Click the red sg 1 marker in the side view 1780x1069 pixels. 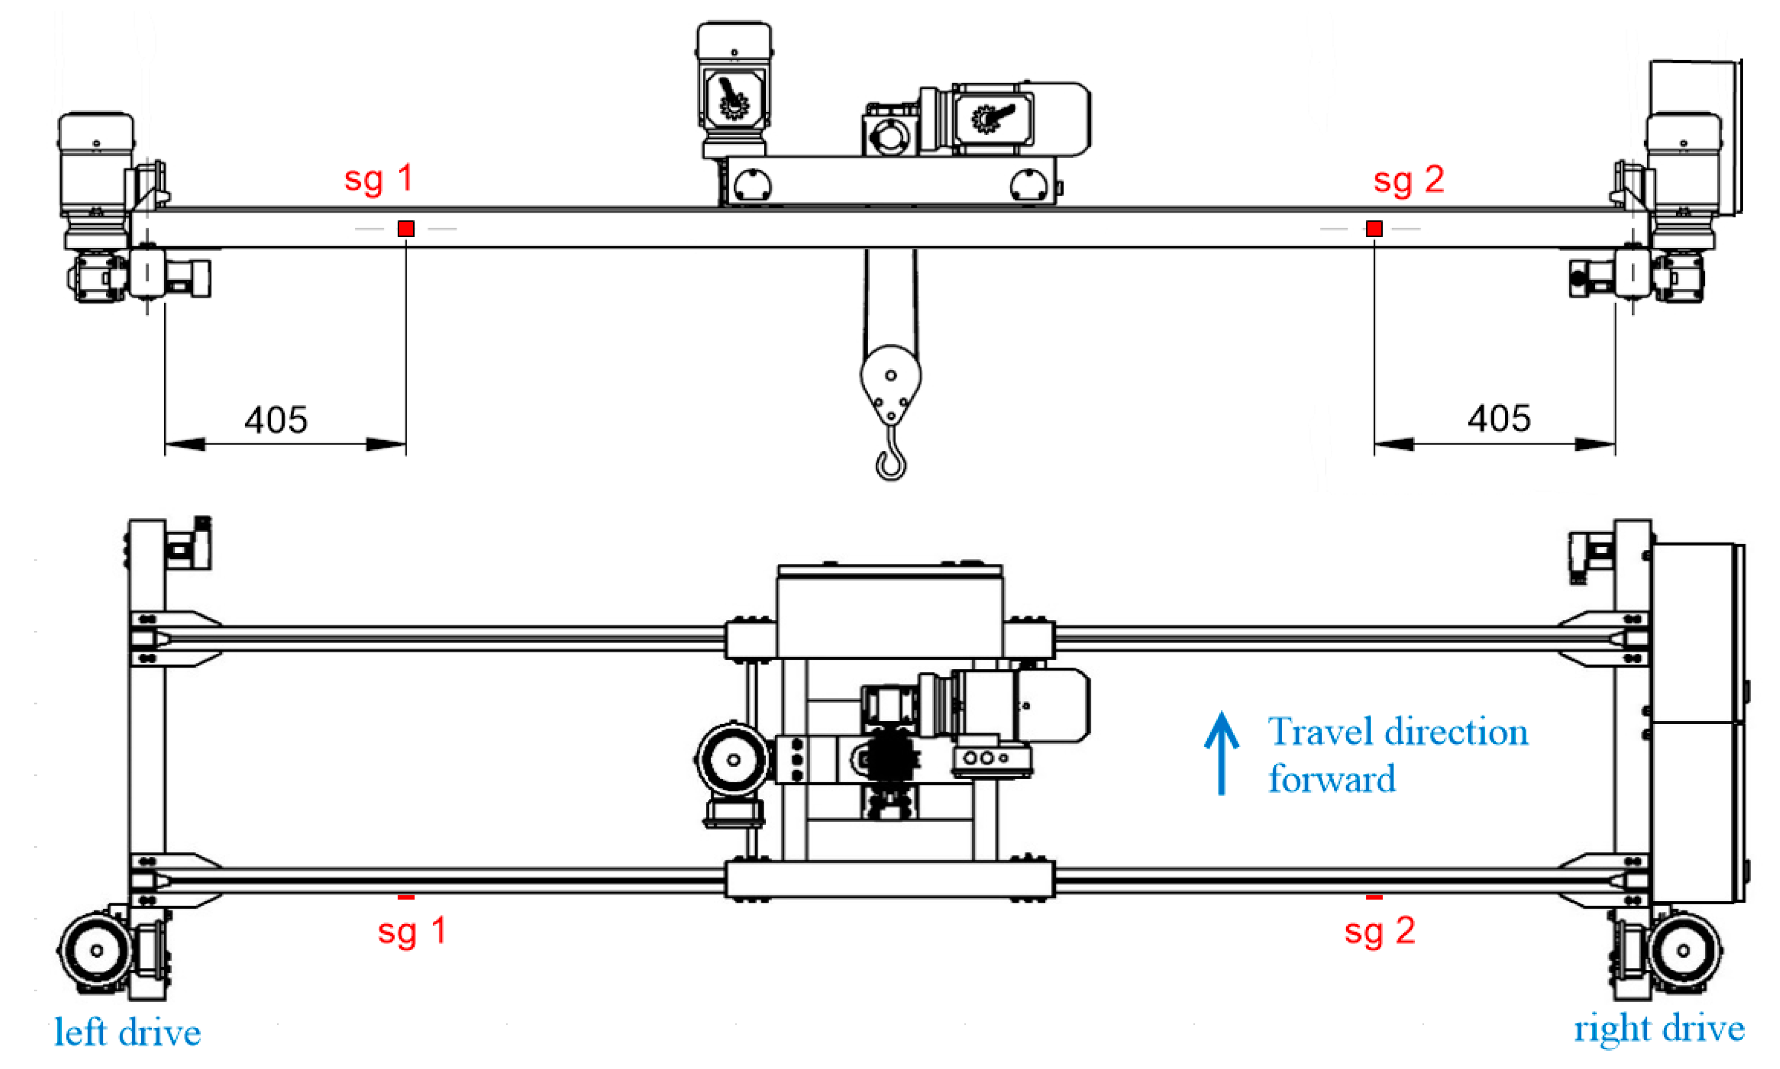pos(406,229)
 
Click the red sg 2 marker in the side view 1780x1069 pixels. pos(1374,229)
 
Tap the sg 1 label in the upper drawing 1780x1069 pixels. pos(379,179)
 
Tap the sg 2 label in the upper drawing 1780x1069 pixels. pos(1409,180)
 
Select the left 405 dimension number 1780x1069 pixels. pos(276,420)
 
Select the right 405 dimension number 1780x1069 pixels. pos(1499,418)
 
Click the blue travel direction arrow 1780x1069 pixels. pos(1221,753)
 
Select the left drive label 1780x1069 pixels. pos(127,1033)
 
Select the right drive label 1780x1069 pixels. pos(1659,1028)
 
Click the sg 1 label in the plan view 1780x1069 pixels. pos(412,930)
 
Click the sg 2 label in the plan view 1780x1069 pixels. pos(1379,930)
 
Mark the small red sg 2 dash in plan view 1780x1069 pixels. pos(1374,897)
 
